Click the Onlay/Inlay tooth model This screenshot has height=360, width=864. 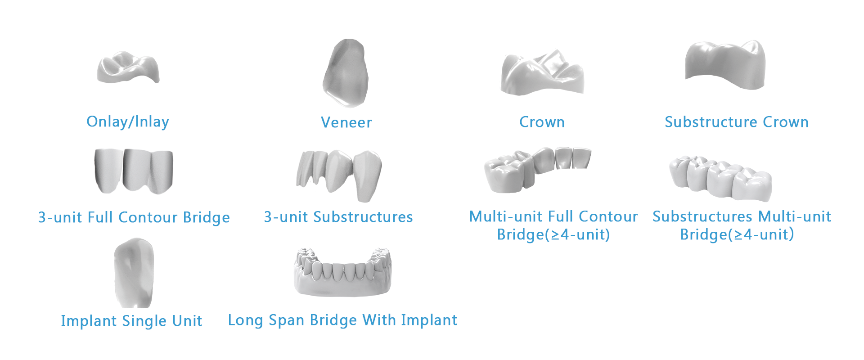(128, 68)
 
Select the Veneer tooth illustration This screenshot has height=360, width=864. (346, 73)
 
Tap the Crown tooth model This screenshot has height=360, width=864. (542, 73)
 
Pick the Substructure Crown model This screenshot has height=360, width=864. (725, 66)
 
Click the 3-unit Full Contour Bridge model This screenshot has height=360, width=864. (134, 171)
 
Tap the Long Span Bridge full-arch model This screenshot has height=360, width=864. (342, 272)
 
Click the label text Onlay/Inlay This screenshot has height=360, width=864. (128, 121)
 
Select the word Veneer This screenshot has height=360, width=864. (346, 122)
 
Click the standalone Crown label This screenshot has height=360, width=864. (542, 122)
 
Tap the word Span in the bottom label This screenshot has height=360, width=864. (286, 320)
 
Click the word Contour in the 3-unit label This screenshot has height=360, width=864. (148, 217)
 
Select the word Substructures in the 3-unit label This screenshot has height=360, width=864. (363, 217)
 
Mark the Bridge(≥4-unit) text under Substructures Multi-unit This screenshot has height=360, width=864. (737, 234)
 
